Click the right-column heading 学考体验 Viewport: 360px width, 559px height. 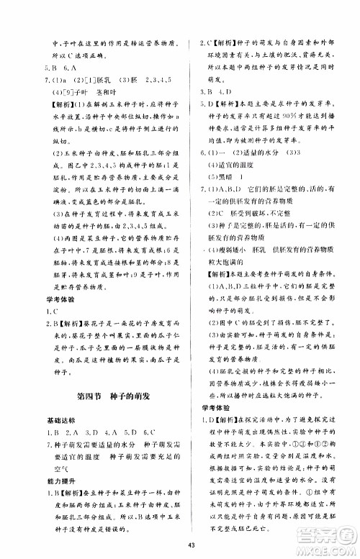(x=209, y=408)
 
